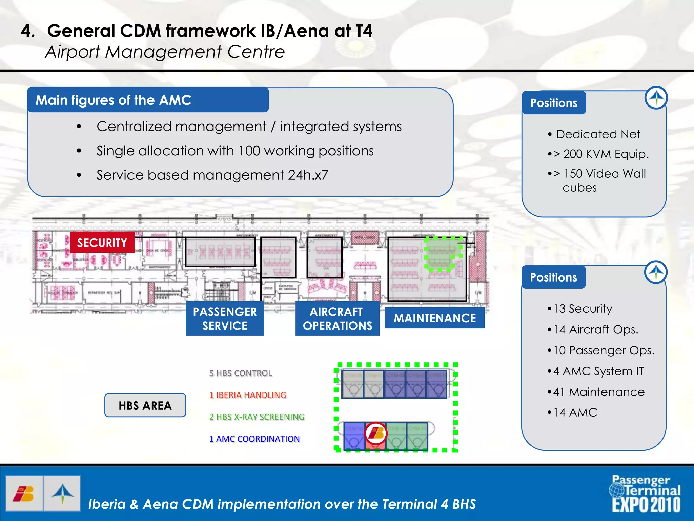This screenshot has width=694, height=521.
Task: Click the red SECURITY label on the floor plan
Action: (102, 243)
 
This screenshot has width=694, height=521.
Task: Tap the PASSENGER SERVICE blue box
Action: (225, 319)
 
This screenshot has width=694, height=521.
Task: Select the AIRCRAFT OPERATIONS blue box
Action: (337, 319)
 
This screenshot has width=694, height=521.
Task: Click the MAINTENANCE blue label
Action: (434, 318)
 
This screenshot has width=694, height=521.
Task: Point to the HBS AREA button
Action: (145, 405)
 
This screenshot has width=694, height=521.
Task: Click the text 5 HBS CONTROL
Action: (241, 373)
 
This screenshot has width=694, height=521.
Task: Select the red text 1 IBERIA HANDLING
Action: (248, 395)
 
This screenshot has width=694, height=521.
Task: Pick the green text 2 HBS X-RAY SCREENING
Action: (257, 417)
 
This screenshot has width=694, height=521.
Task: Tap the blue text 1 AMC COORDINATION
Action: (254, 439)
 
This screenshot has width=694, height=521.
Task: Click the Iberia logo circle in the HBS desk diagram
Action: (376, 433)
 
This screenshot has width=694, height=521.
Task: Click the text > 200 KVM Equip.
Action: (601, 154)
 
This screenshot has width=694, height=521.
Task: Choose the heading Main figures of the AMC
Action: (114, 100)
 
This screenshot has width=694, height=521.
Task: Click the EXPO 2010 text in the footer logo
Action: (646, 505)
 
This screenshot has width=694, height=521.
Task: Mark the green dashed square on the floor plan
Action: (443, 254)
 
